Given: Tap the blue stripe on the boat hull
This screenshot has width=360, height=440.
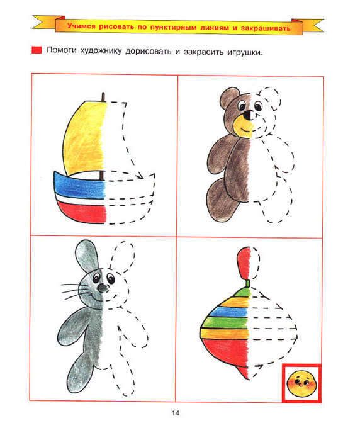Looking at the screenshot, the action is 80,185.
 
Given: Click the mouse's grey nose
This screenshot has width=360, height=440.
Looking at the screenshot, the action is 102,288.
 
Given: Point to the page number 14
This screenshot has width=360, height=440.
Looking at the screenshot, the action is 176,414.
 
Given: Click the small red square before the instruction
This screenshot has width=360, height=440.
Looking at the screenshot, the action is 37,50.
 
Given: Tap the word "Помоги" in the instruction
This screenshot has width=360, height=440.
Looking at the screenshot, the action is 62,50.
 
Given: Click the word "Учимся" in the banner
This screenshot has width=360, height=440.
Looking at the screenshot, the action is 81,26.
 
